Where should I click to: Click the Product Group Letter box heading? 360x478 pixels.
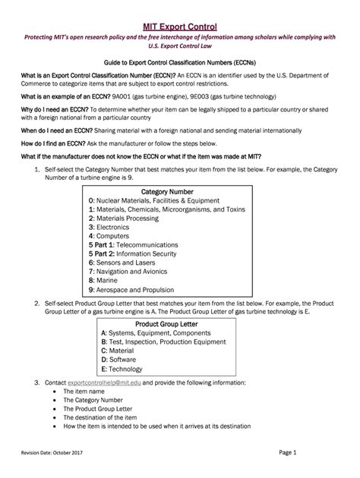tap(170, 323)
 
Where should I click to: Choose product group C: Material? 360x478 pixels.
tap(116, 351)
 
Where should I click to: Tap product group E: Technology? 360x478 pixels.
tap(120, 369)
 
